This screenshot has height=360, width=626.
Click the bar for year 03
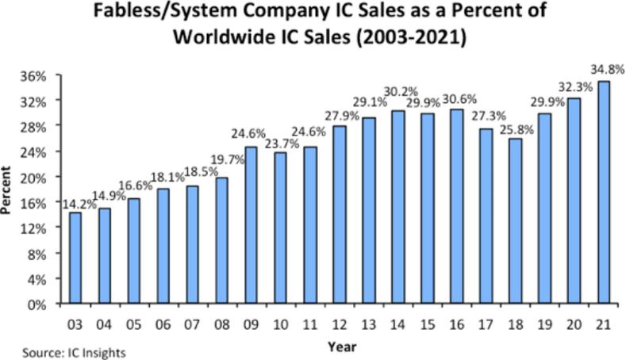click(x=75, y=258)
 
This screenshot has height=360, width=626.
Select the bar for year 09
click(x=252, y=225)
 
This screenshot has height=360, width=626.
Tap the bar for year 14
click(x=398, y=207)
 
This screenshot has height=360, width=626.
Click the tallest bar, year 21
click(x=604, y=193)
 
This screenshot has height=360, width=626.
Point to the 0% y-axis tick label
click(x=44, y=304)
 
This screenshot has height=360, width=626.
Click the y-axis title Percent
click(x=9, y=190)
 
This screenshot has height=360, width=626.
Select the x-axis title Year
click(x=342, y=346)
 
